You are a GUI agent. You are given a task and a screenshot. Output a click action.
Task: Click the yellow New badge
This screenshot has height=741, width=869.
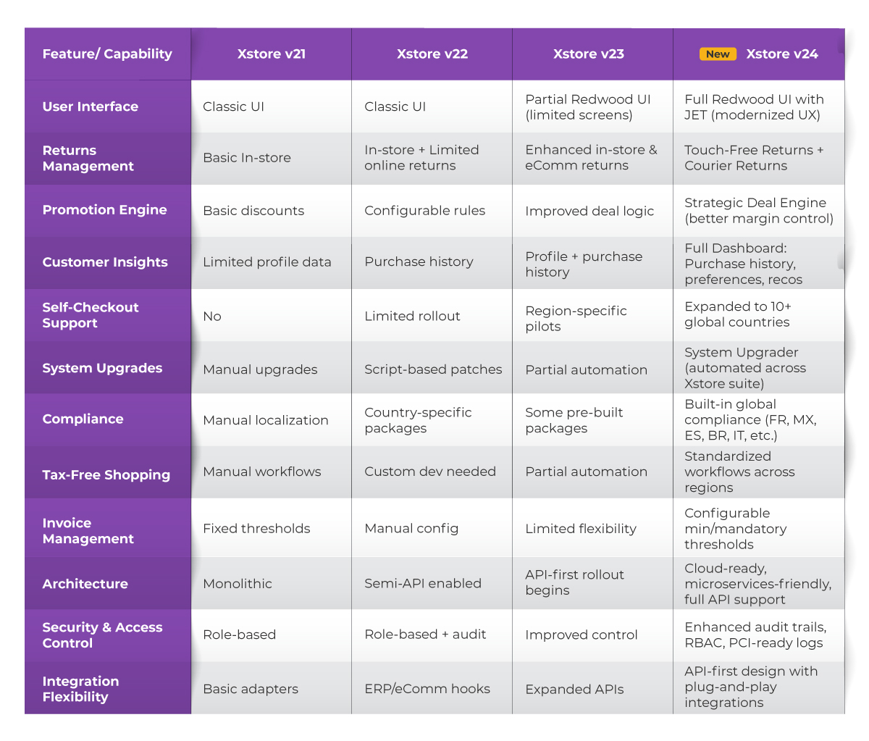(x=718, y=54)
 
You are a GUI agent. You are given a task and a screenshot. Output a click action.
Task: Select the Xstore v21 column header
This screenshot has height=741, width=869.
(x=272, y=54)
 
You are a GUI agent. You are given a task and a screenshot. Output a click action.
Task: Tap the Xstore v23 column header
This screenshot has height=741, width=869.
(x=589, y=54)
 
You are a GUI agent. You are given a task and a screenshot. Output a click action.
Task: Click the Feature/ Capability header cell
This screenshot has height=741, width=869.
(x=107, y=54)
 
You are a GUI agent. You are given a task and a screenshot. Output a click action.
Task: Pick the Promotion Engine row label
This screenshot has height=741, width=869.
(x=105, y=210)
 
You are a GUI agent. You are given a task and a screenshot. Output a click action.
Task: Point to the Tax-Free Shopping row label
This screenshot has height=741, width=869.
(x=106, y=475)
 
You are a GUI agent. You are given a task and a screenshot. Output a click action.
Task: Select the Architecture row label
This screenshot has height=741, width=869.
(x=85, y=584)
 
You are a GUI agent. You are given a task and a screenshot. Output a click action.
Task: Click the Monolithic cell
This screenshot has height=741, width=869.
(x=238, y=584)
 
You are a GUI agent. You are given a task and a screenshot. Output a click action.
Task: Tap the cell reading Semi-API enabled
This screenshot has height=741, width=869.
(x=423, y=584)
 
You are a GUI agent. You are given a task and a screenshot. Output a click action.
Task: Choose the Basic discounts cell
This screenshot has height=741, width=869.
(x=253, y=211)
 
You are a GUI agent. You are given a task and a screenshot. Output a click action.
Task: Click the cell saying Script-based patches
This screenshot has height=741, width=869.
(x=433, y=369)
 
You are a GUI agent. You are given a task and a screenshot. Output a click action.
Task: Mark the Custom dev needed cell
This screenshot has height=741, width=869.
(x=430, y=472)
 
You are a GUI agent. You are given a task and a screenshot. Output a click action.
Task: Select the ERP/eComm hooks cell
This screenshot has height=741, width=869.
(x=427, y=689)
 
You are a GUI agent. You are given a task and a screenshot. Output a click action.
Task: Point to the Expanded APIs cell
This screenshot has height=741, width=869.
(x=574, y=690)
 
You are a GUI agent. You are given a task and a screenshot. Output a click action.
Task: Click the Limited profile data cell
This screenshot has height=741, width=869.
(x=267, y=262)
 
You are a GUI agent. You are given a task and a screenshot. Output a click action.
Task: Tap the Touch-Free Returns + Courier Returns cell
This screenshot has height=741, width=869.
(x=754, y=158)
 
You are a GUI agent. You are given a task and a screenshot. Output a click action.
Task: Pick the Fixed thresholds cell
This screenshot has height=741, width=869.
(x=256, y=529)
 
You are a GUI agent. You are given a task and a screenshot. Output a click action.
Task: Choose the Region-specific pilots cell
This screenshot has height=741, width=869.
(x=576, y=319)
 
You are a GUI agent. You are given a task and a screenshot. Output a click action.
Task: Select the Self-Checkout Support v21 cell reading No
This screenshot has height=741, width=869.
(x=212, y=317)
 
